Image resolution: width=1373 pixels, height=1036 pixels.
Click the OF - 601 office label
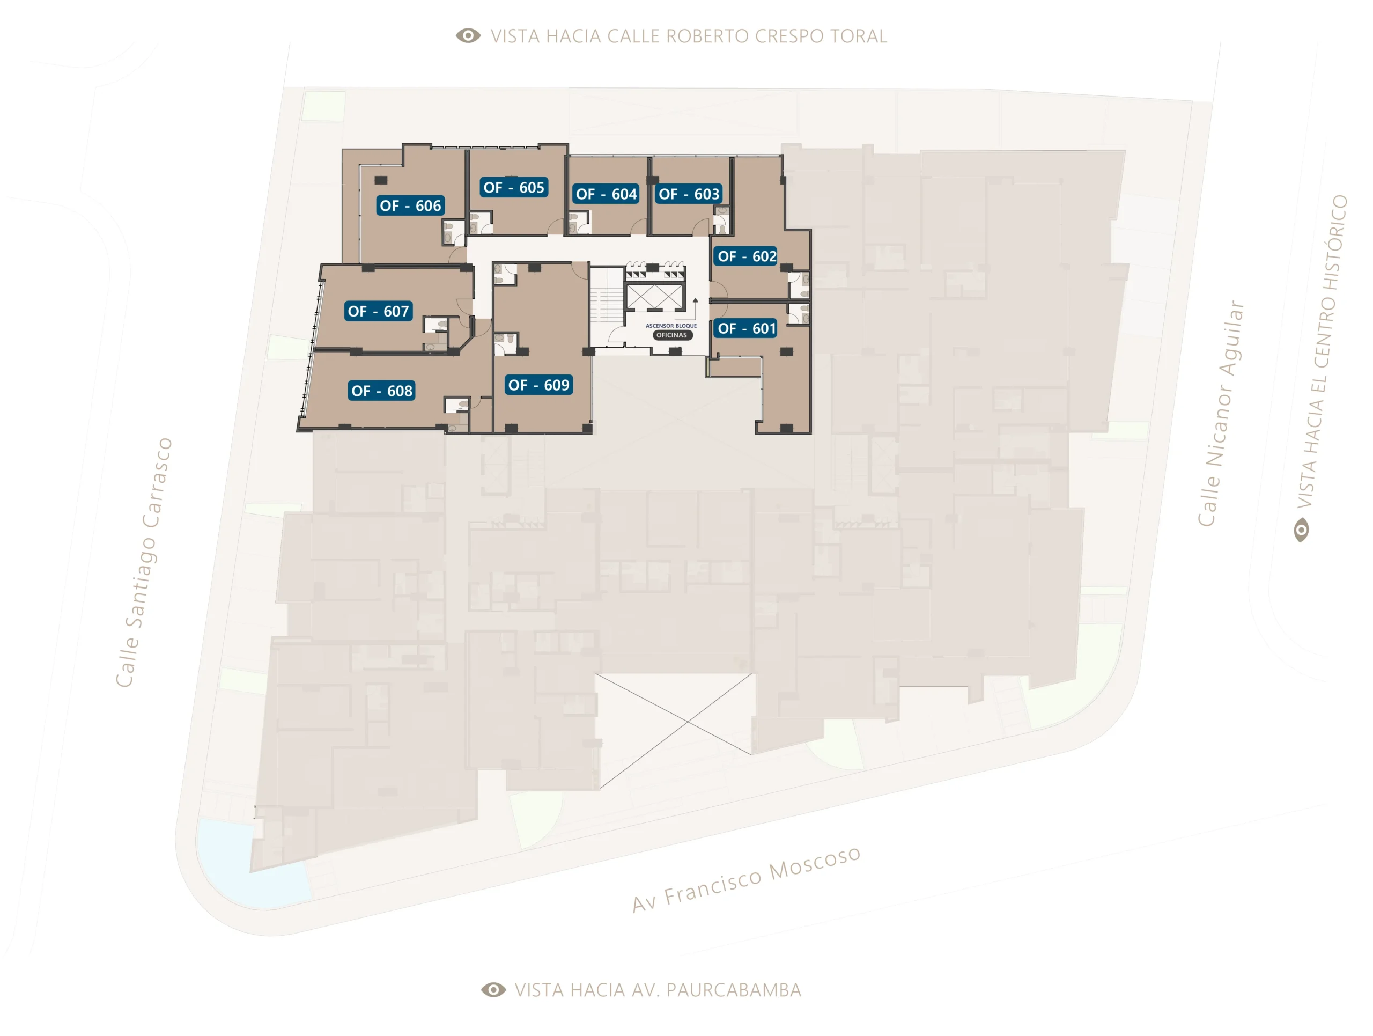click(x=747, y=328)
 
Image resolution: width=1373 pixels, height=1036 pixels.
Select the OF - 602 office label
click(x=747, y=256)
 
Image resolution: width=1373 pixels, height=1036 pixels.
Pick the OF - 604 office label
click(x=606, y=194)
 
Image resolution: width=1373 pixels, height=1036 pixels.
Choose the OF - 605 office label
click(x=514, y=187)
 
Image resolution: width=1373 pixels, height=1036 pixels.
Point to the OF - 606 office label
click(x=410, y=205)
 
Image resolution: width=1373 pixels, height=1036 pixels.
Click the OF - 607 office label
click(x=379, y=311)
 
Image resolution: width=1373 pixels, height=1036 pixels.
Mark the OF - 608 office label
click(x=382, y=391)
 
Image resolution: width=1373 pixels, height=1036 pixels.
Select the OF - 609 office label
click(x=539, y=385)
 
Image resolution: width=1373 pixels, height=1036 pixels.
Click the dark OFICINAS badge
click(x=671, y=335)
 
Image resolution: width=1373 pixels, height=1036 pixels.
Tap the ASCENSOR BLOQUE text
click(x=671, y=326)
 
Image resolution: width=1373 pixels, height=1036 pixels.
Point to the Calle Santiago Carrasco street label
click(x=144, y=562)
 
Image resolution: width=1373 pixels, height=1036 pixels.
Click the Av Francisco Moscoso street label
click(x=746, y=879)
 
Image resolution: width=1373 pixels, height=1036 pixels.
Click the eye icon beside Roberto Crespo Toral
click(x=468, y=35)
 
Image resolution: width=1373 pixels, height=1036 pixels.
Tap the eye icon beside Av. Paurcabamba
click(x=493, y=989)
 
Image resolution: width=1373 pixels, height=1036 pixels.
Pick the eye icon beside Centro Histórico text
click(x=1301, y=531)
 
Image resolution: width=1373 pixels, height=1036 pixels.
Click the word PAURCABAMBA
click(x=734, y=990)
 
